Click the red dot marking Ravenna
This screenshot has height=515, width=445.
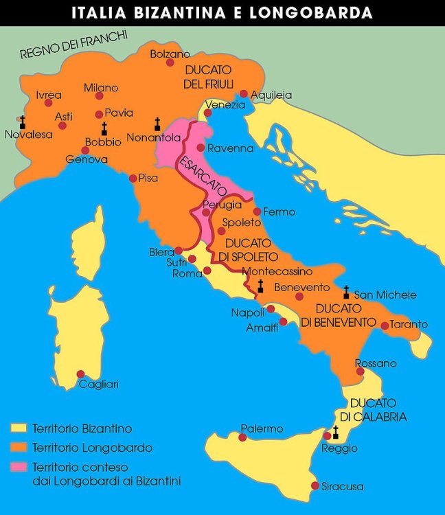pos(200,148)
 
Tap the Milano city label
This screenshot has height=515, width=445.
pos(101,88)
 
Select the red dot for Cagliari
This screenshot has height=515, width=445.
pos(80,374)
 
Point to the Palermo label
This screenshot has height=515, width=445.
pos(262,428)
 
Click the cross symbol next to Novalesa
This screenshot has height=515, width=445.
pos(23,122)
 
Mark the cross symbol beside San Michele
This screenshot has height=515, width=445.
pos(346,291)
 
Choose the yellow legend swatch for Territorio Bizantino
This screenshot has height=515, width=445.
pos(17,428)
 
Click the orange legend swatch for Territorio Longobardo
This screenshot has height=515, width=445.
pos(17,448)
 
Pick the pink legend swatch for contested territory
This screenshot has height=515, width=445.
pos(17,467)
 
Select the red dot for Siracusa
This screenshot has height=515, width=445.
pos(315,485)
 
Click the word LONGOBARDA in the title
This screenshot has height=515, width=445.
pos(321,12)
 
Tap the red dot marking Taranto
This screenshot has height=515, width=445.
pos(385,325)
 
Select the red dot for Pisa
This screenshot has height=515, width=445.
pos(133,179)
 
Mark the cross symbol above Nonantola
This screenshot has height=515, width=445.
pos(157,124)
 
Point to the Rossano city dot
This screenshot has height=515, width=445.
pos(361,371)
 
